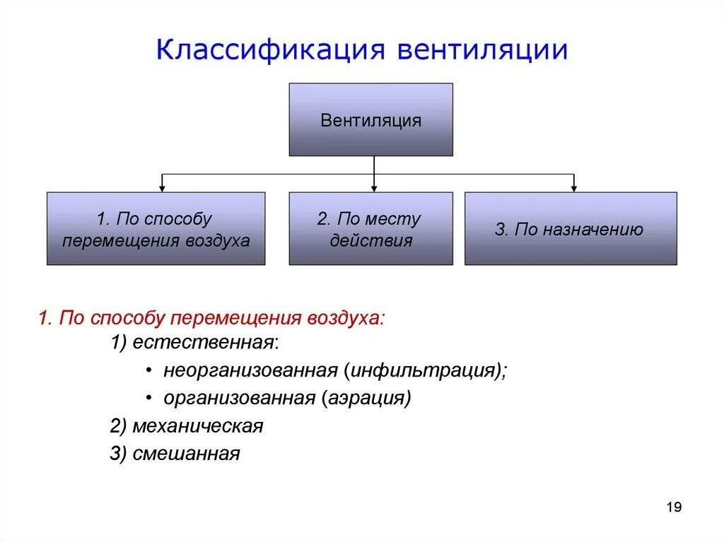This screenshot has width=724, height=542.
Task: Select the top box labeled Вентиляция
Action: [x=370, y=119]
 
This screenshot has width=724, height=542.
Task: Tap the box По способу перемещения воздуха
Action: [x=156, y=229]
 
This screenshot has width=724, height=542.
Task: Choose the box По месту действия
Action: [x=370, y=229]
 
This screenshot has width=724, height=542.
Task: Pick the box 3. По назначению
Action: [x=570, y=229]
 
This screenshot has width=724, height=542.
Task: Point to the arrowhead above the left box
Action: [x=163, y=188]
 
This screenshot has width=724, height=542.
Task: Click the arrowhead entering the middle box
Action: [x=374, y=188]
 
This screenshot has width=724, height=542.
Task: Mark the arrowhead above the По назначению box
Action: [x=573, y=188]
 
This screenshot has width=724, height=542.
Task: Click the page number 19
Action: [x=673, y=507]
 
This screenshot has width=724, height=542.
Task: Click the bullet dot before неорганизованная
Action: [x=149, y=371]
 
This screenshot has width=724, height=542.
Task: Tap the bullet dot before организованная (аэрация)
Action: [x=149, y=399]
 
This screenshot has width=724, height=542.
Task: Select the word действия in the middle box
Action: [x=370, y=240]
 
